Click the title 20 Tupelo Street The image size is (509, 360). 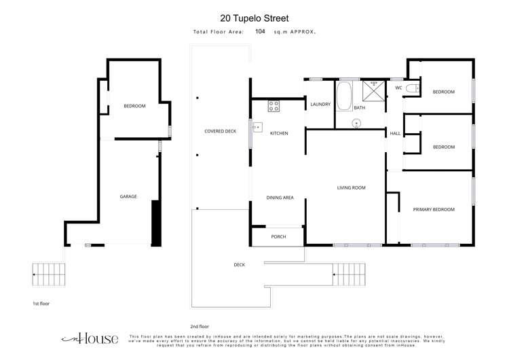254,18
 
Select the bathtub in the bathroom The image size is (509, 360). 345,96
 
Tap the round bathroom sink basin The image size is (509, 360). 357,123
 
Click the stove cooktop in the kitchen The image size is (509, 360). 274,105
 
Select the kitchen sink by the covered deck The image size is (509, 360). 257,126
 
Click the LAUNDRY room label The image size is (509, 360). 320,104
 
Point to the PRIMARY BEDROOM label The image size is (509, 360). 434,209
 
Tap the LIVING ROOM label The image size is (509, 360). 352,187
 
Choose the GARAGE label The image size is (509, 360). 128,196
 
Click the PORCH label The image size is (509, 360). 278,236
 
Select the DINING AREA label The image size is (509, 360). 280,197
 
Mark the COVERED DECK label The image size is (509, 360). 220,130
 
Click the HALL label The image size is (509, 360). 395,134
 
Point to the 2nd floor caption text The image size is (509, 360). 200,326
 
